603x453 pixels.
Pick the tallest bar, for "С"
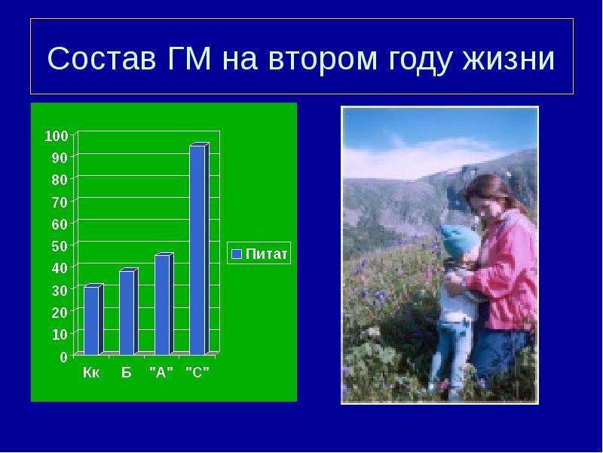tap(199, 249)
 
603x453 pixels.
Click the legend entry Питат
tap(259, 254)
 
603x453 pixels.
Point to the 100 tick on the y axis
tap(56, 136)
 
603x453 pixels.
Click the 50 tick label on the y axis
tap(60, 246)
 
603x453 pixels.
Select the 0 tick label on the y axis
tap(64, 356)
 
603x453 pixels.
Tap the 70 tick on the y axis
tap(60, 202)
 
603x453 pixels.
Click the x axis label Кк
tap(91, 372)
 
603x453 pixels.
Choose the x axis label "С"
tap(197, 372)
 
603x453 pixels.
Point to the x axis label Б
tap(127, 372)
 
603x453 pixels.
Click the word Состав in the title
tap(102, 59)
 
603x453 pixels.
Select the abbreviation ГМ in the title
tap(190, 58)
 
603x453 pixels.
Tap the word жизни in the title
tap(508, 59)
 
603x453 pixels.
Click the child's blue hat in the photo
tap(459, 239)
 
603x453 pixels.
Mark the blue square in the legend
tap(237, 254)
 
